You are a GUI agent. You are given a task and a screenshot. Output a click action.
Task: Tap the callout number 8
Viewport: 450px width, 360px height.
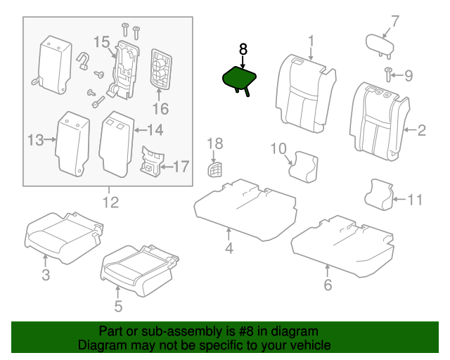click(243, 49)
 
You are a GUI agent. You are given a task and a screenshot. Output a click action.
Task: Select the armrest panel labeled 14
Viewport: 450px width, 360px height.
click(116, 142)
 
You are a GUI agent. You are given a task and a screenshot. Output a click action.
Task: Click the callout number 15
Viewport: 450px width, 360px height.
click(102, 43)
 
